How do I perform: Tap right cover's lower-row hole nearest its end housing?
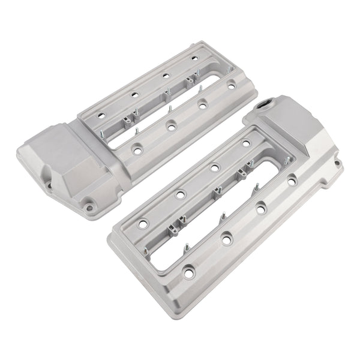(292, 181)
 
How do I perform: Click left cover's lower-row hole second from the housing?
(172, 127)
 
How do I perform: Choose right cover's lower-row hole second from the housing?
(261, 208)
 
